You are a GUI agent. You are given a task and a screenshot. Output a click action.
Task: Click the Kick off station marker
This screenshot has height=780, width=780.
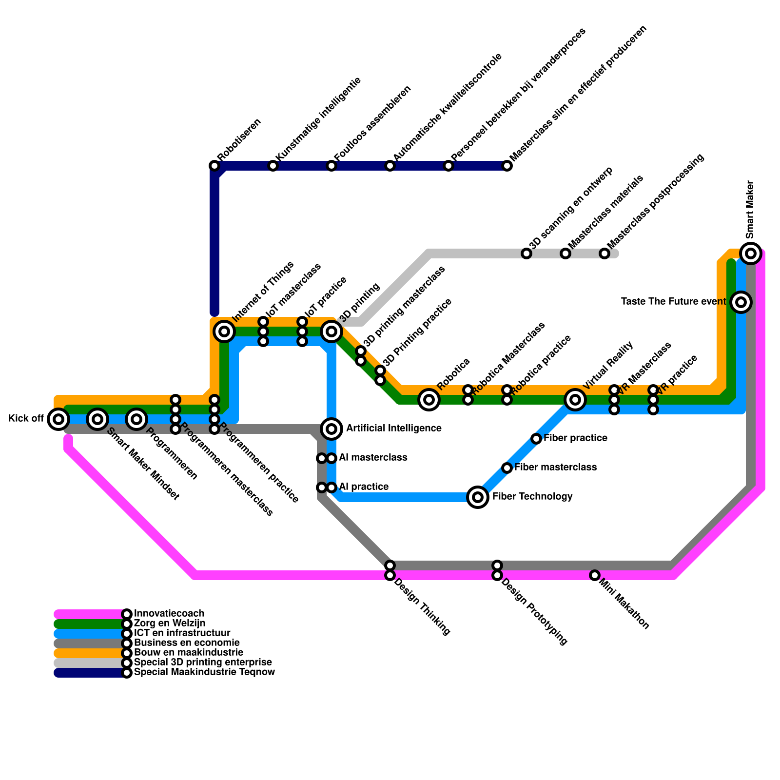[58, 419]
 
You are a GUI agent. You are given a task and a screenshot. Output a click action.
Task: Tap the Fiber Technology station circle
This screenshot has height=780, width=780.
[478, 497]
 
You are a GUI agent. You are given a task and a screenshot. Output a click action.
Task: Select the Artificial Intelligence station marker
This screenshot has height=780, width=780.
[331, 429]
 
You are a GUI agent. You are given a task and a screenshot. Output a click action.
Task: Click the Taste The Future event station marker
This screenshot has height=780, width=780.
[741, 302]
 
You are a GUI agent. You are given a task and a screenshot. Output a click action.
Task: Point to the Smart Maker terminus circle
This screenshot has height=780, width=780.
[751, 253]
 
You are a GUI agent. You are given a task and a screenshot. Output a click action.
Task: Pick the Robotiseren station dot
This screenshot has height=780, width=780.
[214, 166]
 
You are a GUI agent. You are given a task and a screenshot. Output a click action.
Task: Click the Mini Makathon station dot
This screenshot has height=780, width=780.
[594, 575]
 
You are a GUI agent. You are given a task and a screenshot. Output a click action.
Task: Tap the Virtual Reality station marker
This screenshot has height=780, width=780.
[575, 400]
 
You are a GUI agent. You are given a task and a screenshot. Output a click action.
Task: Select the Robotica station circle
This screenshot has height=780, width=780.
[429, 400]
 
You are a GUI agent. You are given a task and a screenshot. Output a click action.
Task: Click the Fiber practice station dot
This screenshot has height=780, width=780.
[536, 439]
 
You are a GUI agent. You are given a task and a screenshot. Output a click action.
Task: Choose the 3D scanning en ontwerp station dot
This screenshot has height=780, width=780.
[526, 253]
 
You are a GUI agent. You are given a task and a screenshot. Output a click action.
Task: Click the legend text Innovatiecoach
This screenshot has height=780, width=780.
[169, 613]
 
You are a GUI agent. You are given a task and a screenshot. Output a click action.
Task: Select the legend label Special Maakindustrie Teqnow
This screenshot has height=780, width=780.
[204, 672]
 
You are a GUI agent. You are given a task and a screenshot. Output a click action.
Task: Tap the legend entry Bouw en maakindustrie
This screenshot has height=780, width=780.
[188, 652]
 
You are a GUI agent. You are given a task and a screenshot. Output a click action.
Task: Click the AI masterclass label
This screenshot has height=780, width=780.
[373, 458]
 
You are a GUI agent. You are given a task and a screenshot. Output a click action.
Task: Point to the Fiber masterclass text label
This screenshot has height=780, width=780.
[555, 468]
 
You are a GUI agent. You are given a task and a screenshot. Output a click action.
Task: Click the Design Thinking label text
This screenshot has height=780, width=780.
[422, 607]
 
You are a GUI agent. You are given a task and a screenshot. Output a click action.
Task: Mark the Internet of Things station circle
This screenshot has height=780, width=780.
[224, 331]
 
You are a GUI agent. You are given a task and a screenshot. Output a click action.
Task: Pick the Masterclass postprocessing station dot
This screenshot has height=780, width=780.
[604, 253]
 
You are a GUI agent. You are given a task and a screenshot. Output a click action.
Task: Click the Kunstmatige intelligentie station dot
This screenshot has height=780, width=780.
[273, 166]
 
